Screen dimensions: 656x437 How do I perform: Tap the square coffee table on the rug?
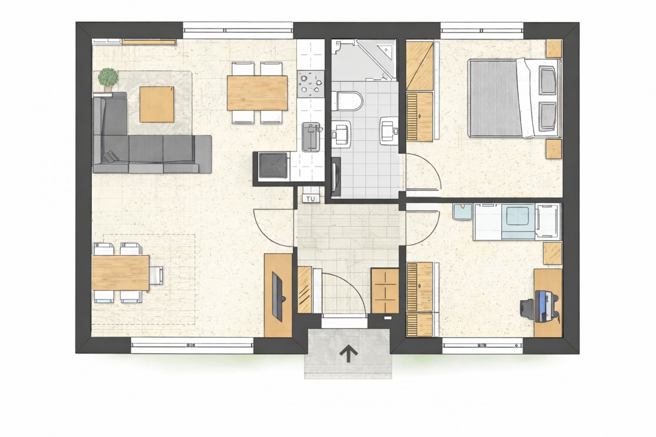click(157, 104)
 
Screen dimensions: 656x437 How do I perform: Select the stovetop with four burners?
click(311, 84)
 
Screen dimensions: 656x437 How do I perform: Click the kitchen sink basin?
click(311, 137)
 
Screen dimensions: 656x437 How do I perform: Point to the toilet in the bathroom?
click(347, 101)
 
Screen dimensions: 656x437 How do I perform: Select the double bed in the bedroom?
click(514, 98)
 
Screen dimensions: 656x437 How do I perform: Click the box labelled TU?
click(311, 199)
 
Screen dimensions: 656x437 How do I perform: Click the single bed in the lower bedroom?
click(517, 222)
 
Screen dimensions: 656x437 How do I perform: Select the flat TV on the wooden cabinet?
click(278, 297)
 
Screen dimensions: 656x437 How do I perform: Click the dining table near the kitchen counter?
click(257, 93)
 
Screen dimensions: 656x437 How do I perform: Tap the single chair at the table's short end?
click(157, 275)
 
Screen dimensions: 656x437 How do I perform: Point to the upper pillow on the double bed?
click(547, 80)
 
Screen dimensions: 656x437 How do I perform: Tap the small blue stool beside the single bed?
click(462, 211)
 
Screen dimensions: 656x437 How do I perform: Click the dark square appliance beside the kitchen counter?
click(273, 166)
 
